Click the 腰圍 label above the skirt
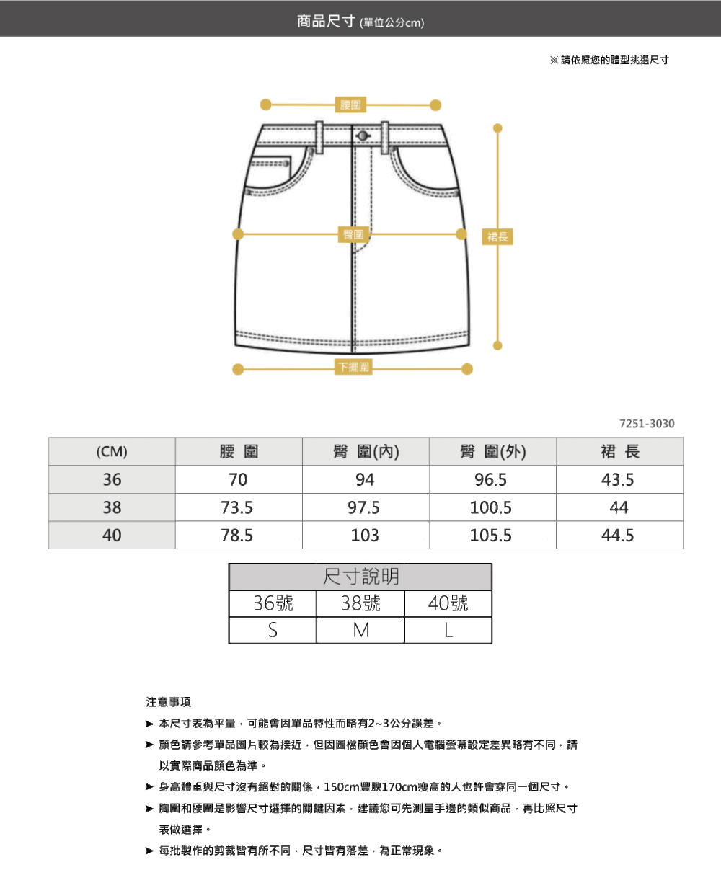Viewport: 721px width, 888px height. (x=350, y=105)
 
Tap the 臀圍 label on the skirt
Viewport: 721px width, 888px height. (x=353, y=235)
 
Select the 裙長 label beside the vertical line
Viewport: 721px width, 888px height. (x=497, y=237)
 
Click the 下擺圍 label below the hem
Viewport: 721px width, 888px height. (x=353, y=367)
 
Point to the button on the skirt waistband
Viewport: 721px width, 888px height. (x=363, y=136)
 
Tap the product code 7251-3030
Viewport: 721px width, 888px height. (x=647, y=424)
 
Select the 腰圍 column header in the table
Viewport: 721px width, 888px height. (x=239, y=451)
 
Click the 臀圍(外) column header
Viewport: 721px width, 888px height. (x=493, y=451)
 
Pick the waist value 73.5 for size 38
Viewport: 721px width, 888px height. (x=237, y=507)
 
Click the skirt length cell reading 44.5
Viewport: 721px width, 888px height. (x=618, y=536)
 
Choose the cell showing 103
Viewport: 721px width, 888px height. (x=365, y=536)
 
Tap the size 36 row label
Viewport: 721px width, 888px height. (x=112, y=479)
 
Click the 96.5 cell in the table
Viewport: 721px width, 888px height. (x=491, y=479)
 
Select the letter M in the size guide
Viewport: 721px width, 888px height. (x=360, y=630)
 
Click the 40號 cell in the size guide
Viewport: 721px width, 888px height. (x=448, y=603)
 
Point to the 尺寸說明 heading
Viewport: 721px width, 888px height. (x=360, y=577)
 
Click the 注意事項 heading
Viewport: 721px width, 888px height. (x=169, y=702)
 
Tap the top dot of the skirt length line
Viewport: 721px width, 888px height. (x=497, y=128)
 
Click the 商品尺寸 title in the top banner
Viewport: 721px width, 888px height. (x=326, y=21)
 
